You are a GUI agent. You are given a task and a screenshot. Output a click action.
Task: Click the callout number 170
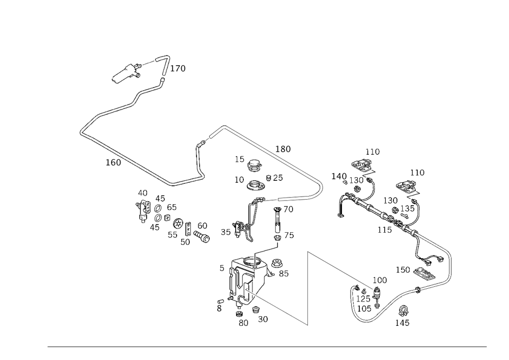(178, 69)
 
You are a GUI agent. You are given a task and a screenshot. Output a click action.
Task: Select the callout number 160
(113, 162)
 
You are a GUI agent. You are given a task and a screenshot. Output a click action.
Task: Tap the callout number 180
(284, 149)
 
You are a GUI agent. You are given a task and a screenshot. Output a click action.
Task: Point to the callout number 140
(338, 176)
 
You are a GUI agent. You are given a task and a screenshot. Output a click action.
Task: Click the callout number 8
(219, 308)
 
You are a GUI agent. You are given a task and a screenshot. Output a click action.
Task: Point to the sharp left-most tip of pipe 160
(80, 132)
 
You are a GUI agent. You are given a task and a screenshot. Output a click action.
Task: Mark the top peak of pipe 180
(222, 126)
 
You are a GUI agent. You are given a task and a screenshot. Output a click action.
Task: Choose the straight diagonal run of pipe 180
(270, 151)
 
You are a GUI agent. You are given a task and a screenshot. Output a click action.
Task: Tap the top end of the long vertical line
(307, 251)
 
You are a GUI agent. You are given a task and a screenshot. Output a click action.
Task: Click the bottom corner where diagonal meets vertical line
(307, 325)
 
